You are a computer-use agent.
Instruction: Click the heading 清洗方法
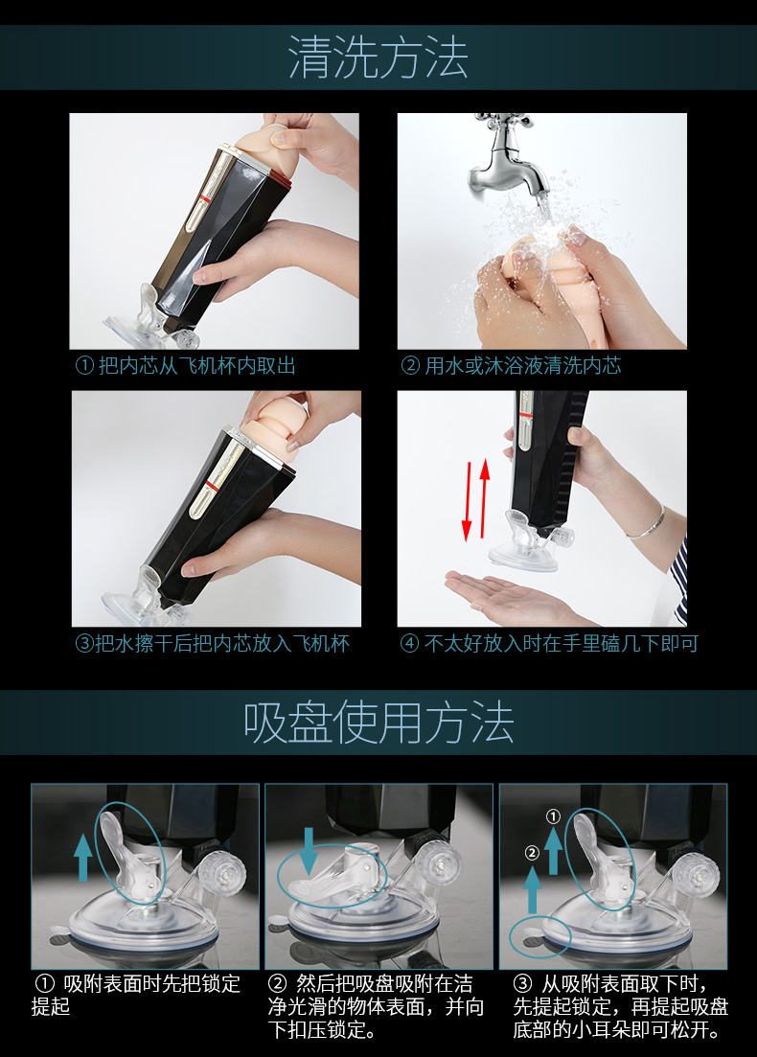[x=378, y=57]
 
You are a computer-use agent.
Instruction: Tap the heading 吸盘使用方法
[x=378, y=722]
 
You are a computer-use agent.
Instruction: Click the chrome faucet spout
[x=511, y=165]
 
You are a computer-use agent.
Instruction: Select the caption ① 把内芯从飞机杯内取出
[x=185, y=365]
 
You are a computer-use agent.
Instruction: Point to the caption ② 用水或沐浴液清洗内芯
[x=511, y=365]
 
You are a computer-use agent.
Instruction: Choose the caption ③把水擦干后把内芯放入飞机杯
[x=213, y=643]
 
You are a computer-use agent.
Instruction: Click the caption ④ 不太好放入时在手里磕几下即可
[x=549, y=643]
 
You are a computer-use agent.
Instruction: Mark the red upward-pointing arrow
[x=484, y=498]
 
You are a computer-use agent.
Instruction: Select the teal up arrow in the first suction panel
[x=83, y=857]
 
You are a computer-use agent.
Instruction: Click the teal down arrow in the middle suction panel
[x=308, y=852]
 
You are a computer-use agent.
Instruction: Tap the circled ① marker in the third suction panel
[x=553, y=816]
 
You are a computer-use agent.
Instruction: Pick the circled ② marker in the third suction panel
[x=532, y=853]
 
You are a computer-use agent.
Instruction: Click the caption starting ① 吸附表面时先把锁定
[x=135, y=995]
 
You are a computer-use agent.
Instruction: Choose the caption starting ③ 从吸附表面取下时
[x=620, y=1006]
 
